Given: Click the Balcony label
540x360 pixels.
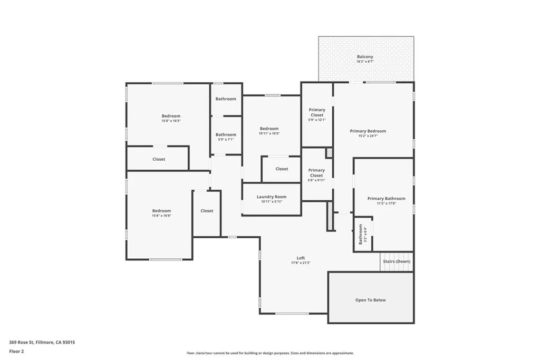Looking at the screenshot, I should [365, 57].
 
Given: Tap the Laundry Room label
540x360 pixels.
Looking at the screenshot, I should [272, 197].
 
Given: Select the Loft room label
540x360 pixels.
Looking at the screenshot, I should [301, 258].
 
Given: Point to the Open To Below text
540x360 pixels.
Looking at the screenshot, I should [370, 300].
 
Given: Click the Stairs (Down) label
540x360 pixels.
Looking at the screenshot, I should [397, 261].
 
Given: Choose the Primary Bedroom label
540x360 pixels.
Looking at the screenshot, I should [368, 131].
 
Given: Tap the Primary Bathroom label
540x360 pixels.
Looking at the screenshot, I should [387, 199].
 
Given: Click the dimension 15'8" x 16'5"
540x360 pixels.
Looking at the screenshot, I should [171, 121].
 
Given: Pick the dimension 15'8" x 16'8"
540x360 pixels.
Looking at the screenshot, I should [161, 216].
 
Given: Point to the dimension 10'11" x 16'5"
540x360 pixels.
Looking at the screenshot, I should [269, 134].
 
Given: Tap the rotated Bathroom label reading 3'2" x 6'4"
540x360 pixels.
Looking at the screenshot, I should [361, 234].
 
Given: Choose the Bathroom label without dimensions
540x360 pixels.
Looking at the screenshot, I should [226, 99].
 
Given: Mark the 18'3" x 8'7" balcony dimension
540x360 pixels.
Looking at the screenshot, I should [365, 62].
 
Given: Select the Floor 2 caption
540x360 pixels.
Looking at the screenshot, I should [17, 351].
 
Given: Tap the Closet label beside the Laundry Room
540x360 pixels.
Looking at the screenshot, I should [282, 169].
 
